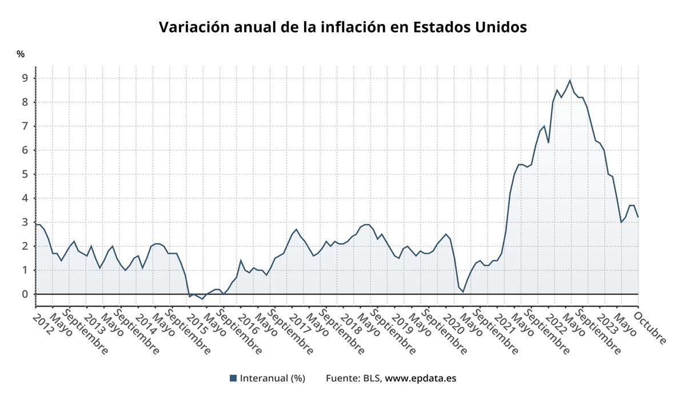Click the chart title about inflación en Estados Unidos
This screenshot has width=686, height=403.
(x=342, y=27)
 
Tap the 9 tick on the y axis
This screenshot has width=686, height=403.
(x=25, y=78)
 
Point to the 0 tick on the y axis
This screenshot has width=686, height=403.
(x=25, y=294)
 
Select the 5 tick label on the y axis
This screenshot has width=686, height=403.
(x=25, y=174)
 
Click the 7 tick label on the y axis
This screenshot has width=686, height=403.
(x=25, y=126)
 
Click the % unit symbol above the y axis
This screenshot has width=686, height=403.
(x=21, y=54)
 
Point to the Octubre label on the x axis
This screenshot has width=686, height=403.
(x=652, y=326)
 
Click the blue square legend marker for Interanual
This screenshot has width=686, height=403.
(x=233, y=378)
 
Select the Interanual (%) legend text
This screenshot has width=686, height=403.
(x=272, y=378)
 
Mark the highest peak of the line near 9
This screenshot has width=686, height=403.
(x=570, y=80)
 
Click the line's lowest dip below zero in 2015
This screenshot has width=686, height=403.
(x=203, y=299)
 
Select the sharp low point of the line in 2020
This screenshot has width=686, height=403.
(x=463, y=292)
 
